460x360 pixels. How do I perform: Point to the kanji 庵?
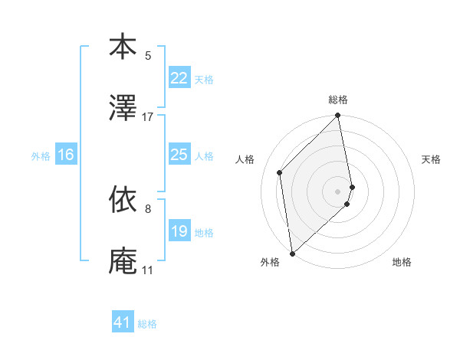pyautogui.click(x=123, y=260)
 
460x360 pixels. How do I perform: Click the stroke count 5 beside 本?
pyautogui.click(x=148, y=55)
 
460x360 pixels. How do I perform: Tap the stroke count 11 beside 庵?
pyautogui.click(x=147, y=270)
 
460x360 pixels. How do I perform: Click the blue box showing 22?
pyautogui.click(x=179, y=78)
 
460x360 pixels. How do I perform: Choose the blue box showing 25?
pyautogui.click(x=179, y=155)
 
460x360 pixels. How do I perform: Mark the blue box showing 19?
pyautogui.click(x=179, y=231)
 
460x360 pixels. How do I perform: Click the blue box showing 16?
pyautogui.click(x=66, y=155)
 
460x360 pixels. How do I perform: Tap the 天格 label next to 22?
pyautogui.click(x=204, y=79)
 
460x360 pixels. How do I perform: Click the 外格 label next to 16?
pyautogui.click(x=41, y=155)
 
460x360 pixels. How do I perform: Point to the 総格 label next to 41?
pyautogui.click(x=147, y=324)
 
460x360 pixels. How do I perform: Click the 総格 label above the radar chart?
pyautogui.click(x=338, y=100)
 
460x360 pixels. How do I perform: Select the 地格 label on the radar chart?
pyautogui.click(x=402, y=263)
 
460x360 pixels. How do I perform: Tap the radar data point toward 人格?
pyautogui.click(x=280, y=172)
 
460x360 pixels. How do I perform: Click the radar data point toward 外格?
pyautogui.click(x=291, y=253)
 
